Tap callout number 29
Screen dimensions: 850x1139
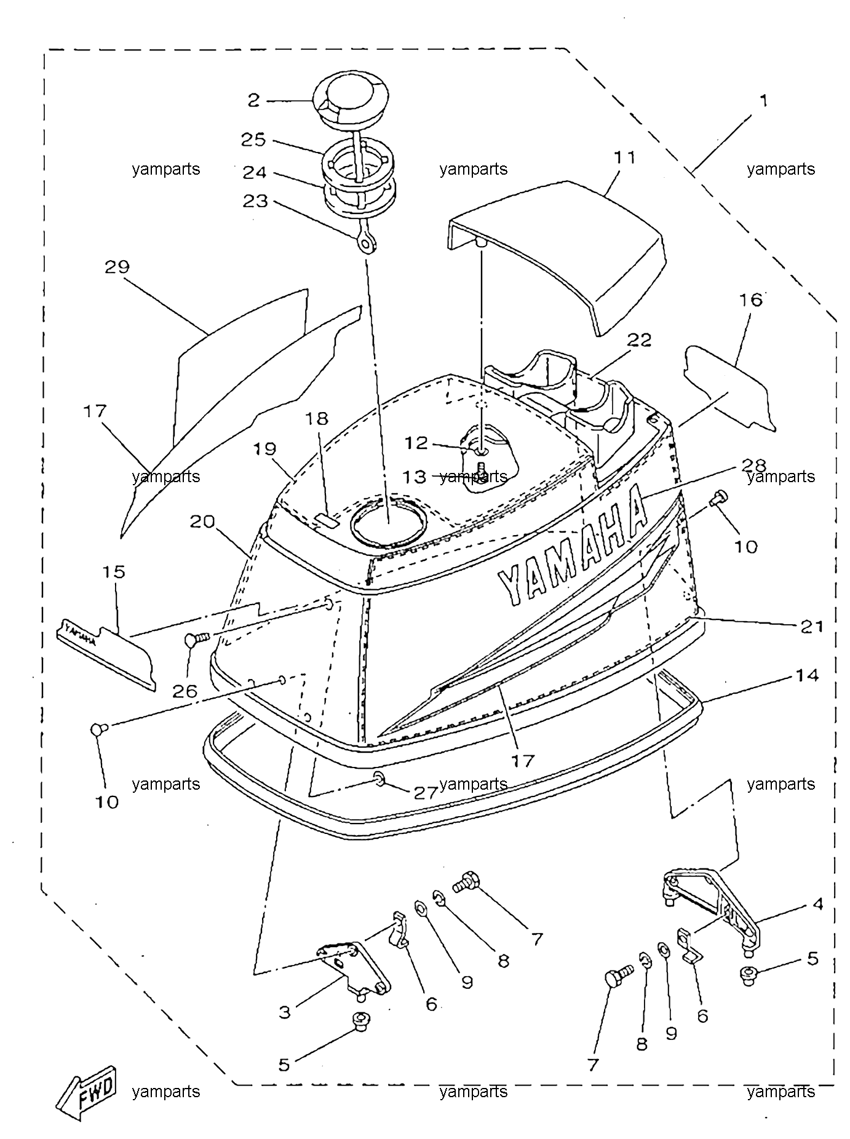click(117, 267)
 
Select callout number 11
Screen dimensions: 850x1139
click(624, 158)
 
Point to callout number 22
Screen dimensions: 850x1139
click(639, 339)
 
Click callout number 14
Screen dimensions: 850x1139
click(808, 675)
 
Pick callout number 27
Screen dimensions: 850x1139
click(425, 792)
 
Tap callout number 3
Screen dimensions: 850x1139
click(284, 1012)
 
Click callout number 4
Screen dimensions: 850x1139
click(817, 904)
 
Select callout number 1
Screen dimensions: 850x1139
click(764, 100)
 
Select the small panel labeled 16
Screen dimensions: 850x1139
click(728, 387)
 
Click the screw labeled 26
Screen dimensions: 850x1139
click(197, 638)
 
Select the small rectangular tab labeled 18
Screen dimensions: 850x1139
click(327, 522)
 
